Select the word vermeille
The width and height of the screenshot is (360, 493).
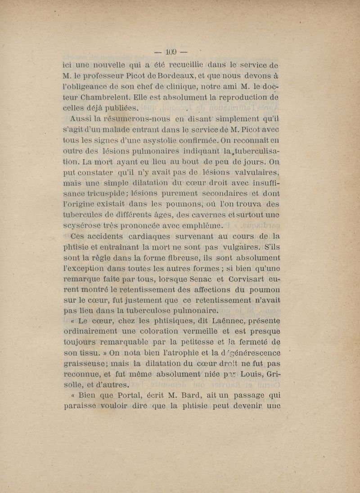(184, 332)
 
